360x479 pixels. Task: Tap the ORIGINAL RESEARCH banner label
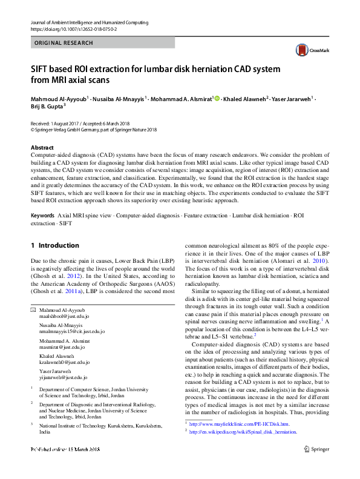64,43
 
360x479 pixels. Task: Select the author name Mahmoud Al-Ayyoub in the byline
59,98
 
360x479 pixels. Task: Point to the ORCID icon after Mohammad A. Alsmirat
217,98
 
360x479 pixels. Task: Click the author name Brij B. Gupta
46,106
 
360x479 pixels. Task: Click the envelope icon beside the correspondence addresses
33,310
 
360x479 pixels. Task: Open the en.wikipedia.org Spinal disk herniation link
243,432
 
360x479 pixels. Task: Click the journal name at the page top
91,22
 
